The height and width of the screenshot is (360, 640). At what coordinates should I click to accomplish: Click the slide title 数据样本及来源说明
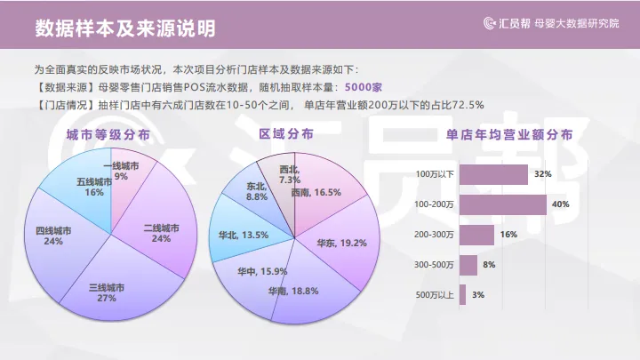[124, 28]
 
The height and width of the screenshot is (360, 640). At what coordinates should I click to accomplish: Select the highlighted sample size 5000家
[364, 87]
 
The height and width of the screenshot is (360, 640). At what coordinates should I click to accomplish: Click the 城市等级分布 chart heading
[108, 134]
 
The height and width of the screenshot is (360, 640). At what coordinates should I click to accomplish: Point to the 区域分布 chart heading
[285, 134]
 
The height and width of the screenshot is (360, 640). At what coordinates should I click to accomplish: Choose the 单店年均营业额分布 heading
[509, 134]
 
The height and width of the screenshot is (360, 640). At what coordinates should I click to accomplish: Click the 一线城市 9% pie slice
[123, 172]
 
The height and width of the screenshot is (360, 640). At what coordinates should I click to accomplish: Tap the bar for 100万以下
[494, 174]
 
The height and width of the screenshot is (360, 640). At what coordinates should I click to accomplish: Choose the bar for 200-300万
[476, 235]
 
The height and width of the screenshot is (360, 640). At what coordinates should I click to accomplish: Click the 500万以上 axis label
[435, 295]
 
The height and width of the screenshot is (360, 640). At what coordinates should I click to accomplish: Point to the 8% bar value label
[489, 265]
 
